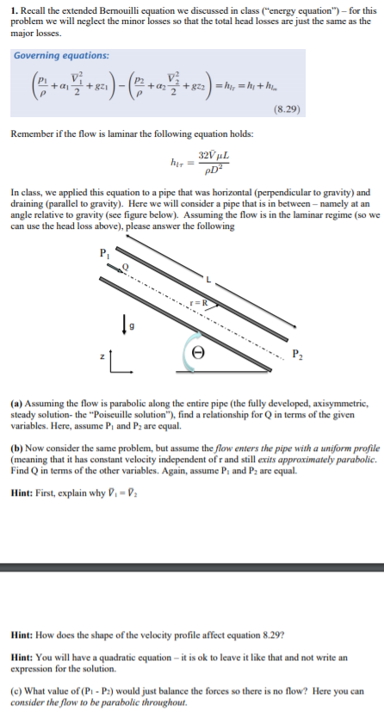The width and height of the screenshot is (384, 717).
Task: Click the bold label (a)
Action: point(19,401)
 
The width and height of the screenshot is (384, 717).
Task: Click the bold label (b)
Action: point(19,449)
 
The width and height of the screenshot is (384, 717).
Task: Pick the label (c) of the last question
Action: point(19,690)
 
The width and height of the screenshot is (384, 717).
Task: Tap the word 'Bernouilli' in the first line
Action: point(121,9)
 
